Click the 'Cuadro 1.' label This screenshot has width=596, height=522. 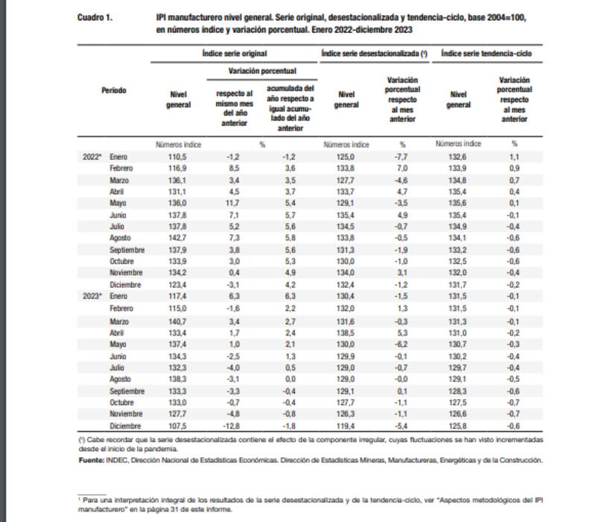pyautogui.click(x=94, y=16)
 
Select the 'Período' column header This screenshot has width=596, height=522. pyautogui.click(x=114, y=90)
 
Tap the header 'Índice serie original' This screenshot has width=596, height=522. pyautogui.click(x=234, y=54)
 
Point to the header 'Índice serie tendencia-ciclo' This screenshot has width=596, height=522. pyautogui.click(x=491, y=54)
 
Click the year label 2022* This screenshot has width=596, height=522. pyautogui.click(x=93, y=157)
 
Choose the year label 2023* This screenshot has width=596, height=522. pyautogui.click(x=93, y=296)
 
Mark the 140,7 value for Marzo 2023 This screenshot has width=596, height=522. pyautogui.click(x=177, y=319)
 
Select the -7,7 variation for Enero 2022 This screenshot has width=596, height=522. pyautogui.click(x=402, y=157)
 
